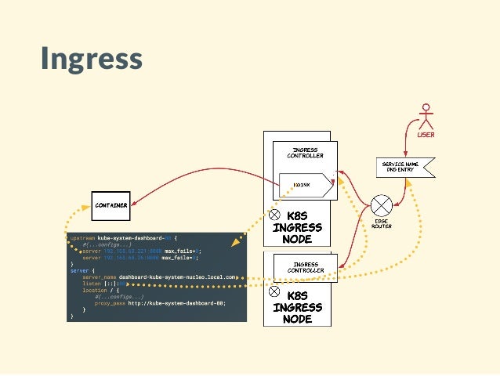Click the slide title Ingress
[91, 59]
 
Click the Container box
[110, 205]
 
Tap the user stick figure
[426, 116]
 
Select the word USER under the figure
[426, 134]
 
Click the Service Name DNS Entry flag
[404, 166]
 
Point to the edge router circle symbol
[382, 206]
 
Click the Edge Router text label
[382, 224]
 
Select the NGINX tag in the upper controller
[303, 185]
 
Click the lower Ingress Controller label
[304, 266]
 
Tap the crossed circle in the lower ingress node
[275, 291]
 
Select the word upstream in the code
[82, 237]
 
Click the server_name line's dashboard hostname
[176, 277]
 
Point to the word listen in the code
[92, 284]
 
